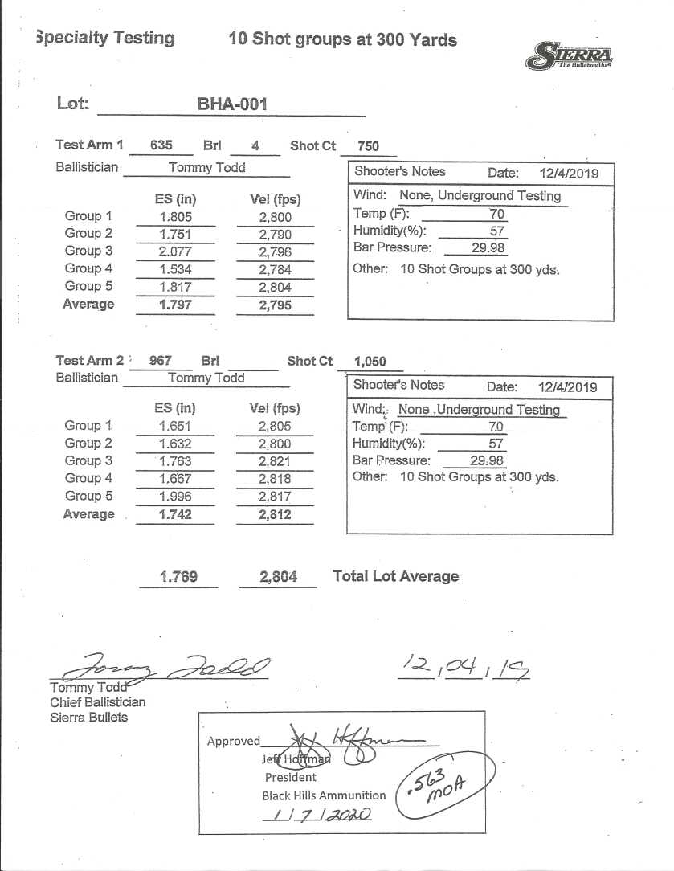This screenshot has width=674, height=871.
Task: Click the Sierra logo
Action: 570,56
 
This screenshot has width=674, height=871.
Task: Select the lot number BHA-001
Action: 231,104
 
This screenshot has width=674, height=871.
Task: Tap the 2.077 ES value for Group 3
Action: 175,251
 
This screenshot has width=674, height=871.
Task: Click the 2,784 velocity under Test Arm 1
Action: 275,269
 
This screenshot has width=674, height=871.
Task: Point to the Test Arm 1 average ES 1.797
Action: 175,305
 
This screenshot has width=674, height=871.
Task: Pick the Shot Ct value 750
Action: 368,146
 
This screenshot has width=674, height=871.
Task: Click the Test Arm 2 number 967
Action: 160,362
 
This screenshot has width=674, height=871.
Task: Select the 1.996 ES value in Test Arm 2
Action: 175,497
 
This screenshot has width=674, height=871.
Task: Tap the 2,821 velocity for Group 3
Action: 275,461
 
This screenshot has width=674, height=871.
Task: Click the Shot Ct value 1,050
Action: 370,362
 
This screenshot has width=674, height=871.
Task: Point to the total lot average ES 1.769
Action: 178,577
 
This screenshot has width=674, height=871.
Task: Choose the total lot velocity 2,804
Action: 278,577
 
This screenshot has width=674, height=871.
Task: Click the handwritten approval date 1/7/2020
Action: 316,814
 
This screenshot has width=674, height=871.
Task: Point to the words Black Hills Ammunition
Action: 324,795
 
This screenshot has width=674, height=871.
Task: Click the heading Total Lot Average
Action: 395,576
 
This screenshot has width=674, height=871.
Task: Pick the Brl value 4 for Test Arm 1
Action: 255,146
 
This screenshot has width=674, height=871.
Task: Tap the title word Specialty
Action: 105,38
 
